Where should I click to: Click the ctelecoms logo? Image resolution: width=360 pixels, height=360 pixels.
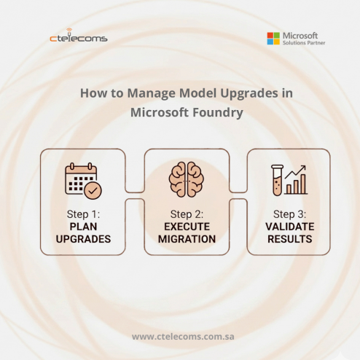click(78, 37)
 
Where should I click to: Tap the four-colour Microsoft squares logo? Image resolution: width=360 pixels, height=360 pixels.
click(273, 38)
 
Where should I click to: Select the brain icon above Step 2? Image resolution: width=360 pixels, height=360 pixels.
click(186, 179)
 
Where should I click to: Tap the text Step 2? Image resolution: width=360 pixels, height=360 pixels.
click(186, 214)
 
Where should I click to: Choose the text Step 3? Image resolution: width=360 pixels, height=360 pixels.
click(289, 214)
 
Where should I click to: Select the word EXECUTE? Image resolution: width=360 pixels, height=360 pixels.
click(186, 227)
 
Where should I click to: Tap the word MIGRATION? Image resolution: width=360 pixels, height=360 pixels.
click(186, 239)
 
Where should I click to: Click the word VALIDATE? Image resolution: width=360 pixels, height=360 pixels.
click(289, 227)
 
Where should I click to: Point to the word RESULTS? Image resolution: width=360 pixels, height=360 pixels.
click(289, 239)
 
